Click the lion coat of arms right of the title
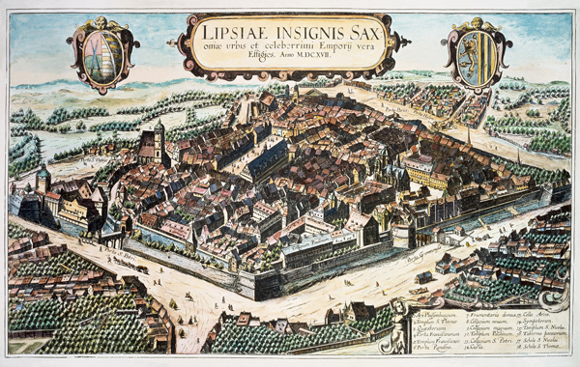475,54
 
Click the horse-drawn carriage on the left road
134,265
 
